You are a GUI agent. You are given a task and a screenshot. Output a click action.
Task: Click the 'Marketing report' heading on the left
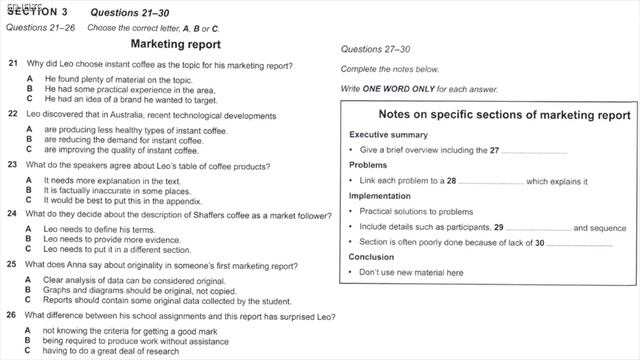176,45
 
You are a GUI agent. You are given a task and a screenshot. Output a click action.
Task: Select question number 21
12,64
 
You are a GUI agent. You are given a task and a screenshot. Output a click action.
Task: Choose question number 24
12,213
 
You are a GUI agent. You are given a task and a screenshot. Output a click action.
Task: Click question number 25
12,265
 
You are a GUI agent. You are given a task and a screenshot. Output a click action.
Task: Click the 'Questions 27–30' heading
376,48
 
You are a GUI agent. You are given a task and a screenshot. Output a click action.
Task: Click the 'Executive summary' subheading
388,134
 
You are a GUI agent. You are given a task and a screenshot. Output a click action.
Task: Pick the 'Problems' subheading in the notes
368,165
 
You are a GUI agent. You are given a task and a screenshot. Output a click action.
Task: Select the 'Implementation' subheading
380,196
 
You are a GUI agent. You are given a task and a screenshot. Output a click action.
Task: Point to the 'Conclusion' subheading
372,257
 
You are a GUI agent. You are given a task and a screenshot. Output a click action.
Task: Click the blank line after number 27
534,151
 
